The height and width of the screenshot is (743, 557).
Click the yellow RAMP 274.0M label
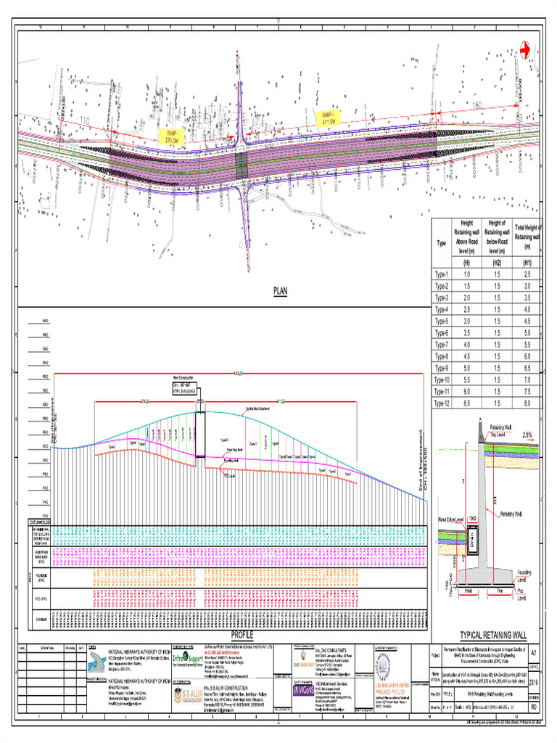pos(172,136)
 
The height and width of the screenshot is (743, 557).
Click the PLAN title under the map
pos(281,291)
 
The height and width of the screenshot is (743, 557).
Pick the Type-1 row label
pos(442,274)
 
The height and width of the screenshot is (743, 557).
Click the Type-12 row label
pos(442,403)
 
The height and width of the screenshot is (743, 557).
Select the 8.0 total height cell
pos(527,403)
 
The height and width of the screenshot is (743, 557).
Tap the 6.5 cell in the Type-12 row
pos(467,403)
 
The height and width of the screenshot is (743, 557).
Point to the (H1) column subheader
pos(527,263)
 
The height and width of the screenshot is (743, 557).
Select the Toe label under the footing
pos(500,591)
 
